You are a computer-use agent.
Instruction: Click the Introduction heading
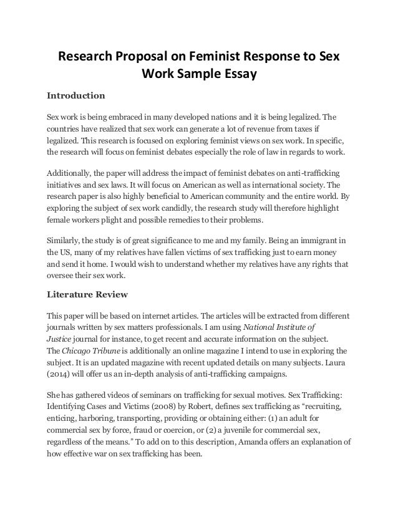click(76, 96)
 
